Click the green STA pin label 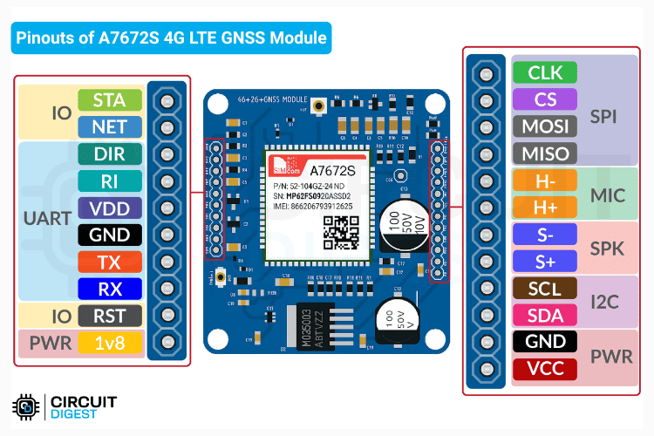[x=109, y=100]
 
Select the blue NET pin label [x=109, y=127]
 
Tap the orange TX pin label [x=109, y=262]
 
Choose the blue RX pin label [x=109, y=290]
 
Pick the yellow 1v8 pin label [x=109, y=344]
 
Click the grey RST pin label [x=109, y=317]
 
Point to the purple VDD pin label [x=109, y=208]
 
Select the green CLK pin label [x=545, y=72]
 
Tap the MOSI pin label [x=545, y=126]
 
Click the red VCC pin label [x=545, y=369]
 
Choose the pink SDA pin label [x=545, y=315]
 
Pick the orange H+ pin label [x=545, y=208]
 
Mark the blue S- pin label [x=545, y=235]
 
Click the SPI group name [x=604, y=115]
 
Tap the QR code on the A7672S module [x=341, y=230]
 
